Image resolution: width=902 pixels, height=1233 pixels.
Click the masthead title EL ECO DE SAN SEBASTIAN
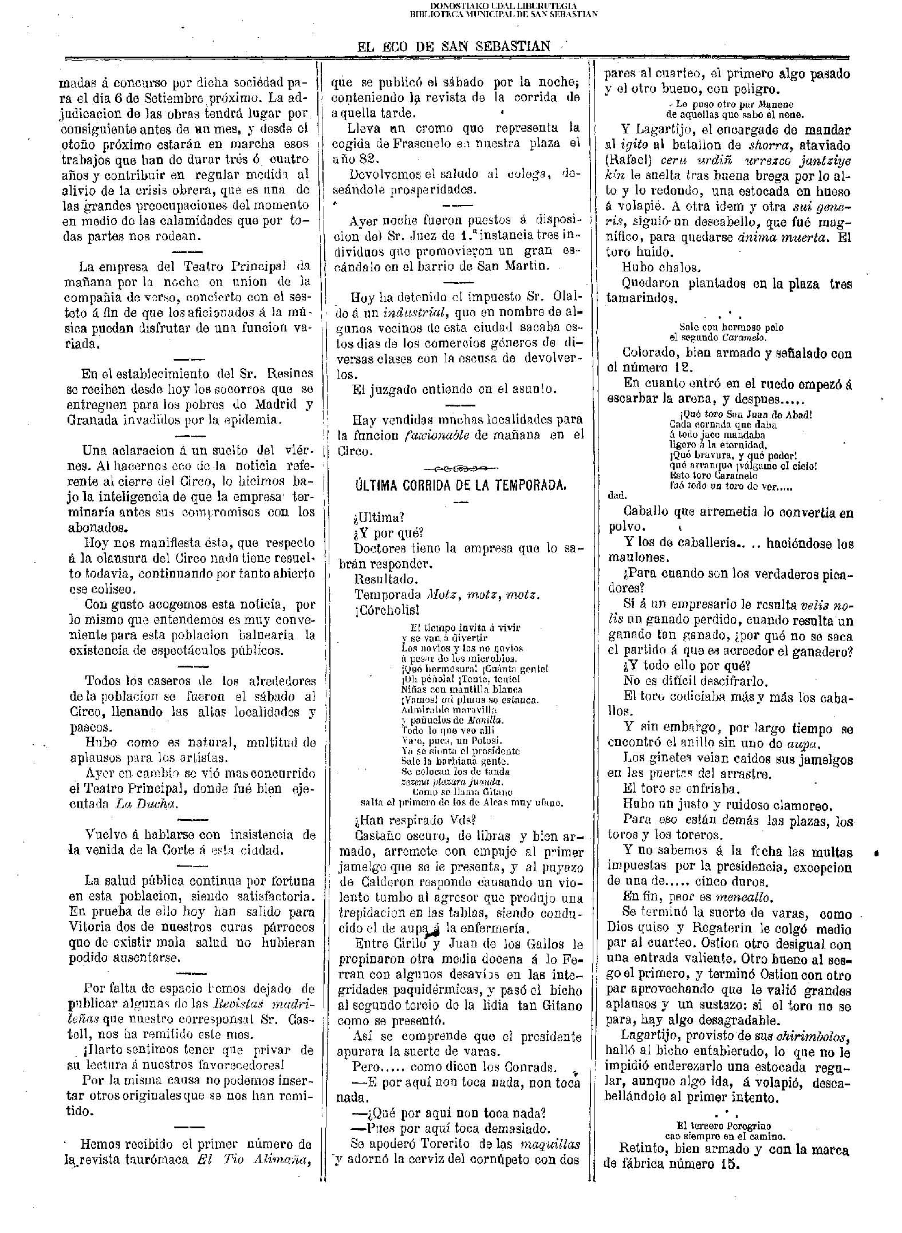453,46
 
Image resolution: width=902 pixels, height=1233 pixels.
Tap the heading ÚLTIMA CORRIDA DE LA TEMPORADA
461,485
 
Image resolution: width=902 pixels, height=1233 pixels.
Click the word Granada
93,420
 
